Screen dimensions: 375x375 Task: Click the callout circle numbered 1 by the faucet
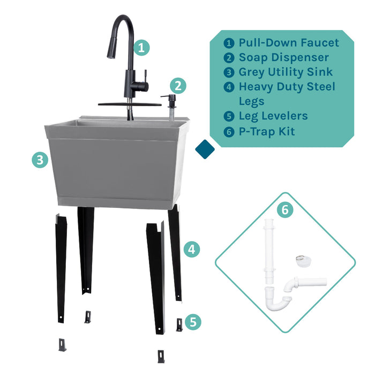point(141,47)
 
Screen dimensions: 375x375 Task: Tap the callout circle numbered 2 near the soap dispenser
point(178,85)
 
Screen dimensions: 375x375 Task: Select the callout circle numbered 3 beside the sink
point(40,160)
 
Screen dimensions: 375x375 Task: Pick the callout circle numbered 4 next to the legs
point(192,249)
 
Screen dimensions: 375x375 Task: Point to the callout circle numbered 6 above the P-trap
point(285,210)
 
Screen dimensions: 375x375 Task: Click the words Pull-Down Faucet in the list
point(289,43)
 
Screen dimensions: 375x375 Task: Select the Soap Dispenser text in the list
point(283,57)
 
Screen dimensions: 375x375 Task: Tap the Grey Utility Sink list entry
point(286,72)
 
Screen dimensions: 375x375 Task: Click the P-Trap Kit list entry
point(267,131)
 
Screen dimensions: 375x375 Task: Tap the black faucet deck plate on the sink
point(129,104)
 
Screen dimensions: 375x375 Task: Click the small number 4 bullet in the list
point(229,87)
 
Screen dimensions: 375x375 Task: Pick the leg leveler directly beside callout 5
point(179,325)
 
